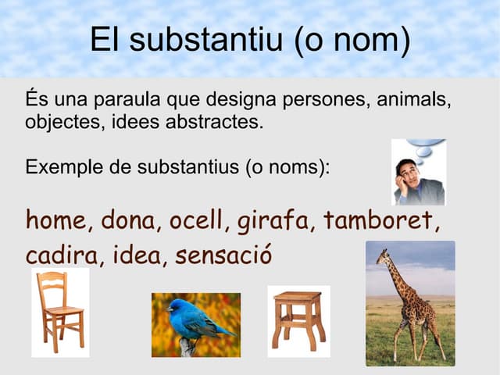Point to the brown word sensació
point(223,255)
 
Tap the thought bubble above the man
point(427,148)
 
